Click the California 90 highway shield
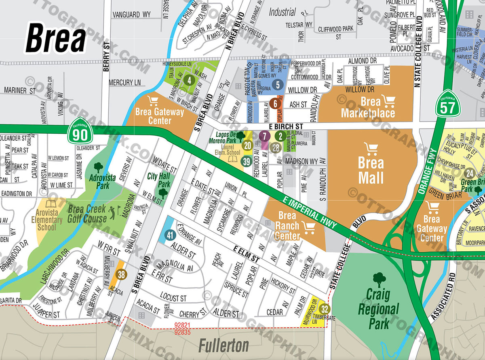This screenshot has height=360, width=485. pos(80,130)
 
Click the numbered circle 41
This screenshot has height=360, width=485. pos(170,235)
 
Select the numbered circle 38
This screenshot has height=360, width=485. pos(121,275)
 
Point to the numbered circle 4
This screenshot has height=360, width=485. pos(188,80)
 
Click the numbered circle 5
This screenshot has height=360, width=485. pos(278,84)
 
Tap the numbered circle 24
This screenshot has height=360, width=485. pos(469,173)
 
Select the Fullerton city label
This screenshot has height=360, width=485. pos(224,345)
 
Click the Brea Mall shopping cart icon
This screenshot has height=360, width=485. pos(370,148)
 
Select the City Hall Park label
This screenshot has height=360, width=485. pos(158,180)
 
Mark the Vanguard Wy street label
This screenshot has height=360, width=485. pos(131,15)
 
